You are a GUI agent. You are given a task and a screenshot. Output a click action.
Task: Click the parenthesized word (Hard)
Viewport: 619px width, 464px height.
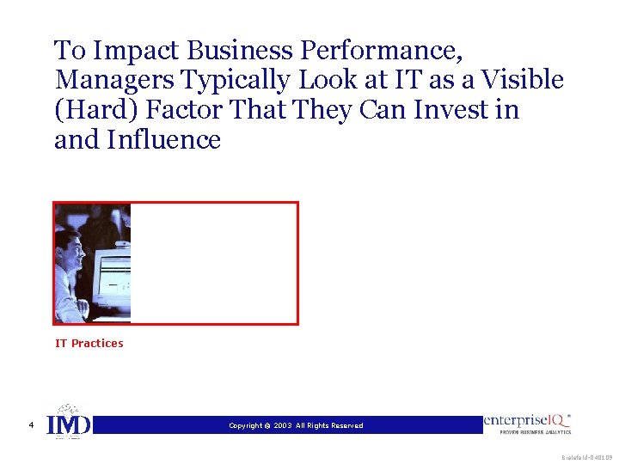(x=97, y=110)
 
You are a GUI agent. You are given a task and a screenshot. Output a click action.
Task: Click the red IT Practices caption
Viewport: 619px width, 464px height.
(x=89, y=344)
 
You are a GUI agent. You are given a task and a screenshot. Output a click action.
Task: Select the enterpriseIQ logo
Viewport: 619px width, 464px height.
(x=528, y=423)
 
